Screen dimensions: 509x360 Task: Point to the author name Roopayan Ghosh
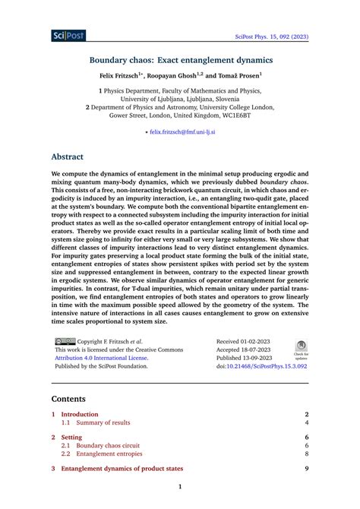(x=175, y=77)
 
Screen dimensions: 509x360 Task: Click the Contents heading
(x=74, y=398)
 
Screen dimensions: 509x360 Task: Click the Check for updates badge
(x=301, y=349)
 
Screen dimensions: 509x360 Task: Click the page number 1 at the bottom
(x=180, y=487)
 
